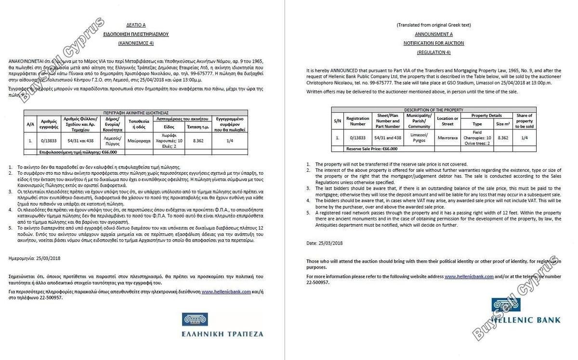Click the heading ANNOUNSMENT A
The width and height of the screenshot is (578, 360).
click(x=433, y=34)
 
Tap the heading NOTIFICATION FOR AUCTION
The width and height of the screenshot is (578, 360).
click(x=433, y=43)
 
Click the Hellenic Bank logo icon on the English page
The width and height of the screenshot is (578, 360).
click(x=506, y=307)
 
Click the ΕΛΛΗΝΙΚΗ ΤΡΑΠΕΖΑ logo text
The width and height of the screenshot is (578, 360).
click(x=223, y=333)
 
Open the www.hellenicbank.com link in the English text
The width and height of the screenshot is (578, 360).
click(x=469, y=277)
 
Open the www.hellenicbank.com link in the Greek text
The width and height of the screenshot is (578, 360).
click(x=226, y=292)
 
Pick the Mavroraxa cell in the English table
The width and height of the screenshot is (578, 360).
click(x=447, y=138)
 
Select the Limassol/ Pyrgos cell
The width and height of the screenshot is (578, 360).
click(x=419, y=138)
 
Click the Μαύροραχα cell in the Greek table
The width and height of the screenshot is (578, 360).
click(x=139, y=141)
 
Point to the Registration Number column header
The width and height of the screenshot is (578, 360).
click(x=358, y=121)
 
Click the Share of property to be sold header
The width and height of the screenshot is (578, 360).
click(x=524, y=121)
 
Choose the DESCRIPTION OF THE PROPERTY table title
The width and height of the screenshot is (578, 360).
click(x=434, y=110)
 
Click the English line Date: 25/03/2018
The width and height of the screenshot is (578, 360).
click(x=325, y=243)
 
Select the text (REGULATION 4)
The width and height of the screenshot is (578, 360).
click(x=433, y=52)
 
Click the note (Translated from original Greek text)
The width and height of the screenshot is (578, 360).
click(x=433, y=25)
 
